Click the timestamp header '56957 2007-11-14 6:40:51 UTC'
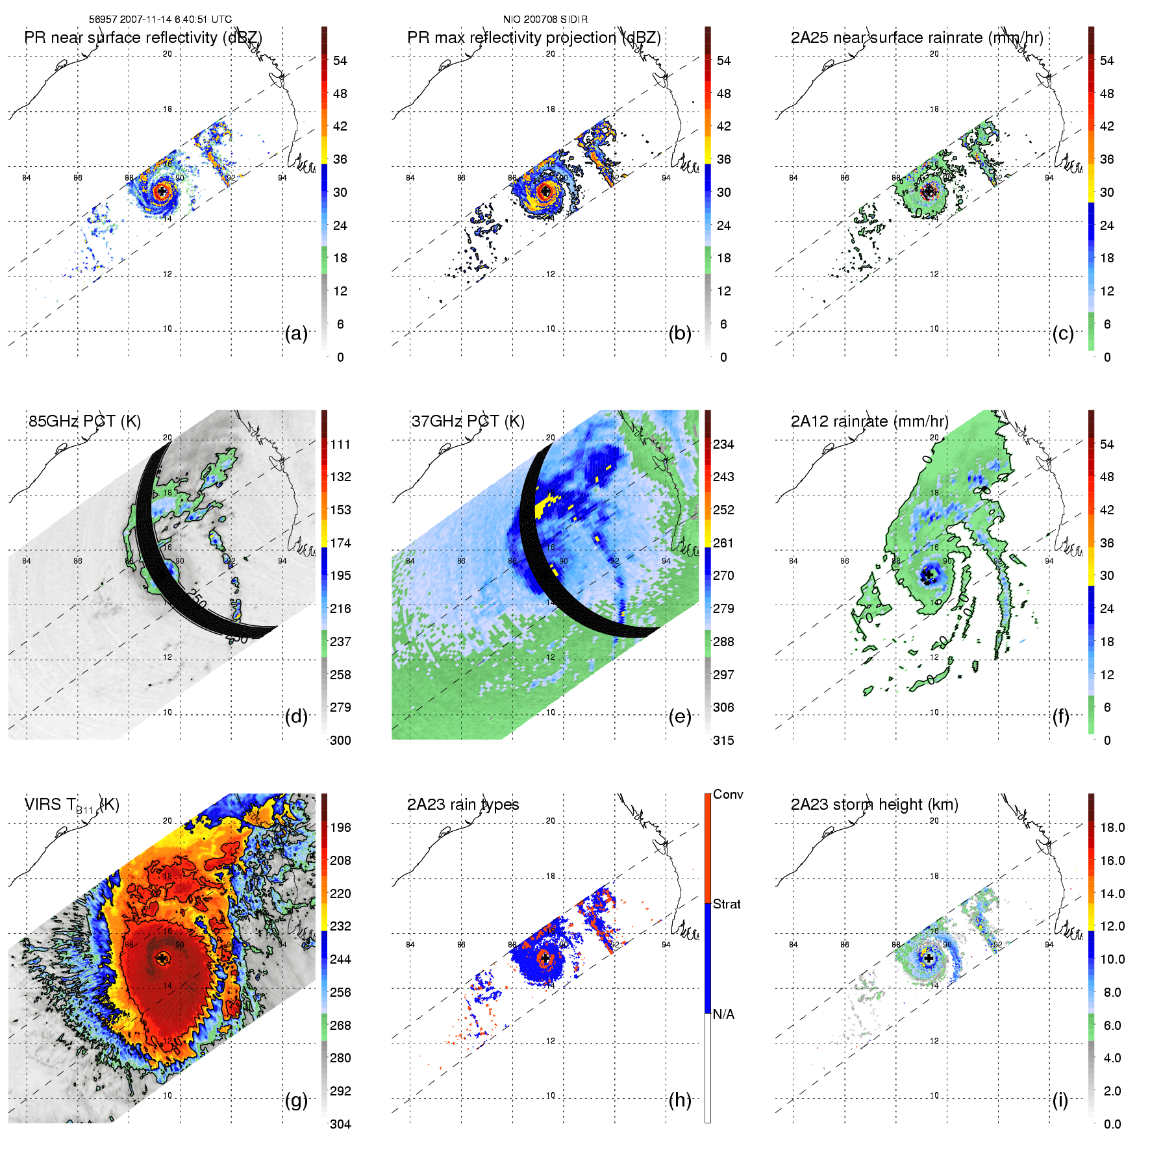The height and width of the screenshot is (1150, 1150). click(160, 19)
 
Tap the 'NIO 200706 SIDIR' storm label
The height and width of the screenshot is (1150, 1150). click(545, 19)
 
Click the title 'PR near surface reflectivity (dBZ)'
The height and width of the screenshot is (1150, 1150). click(143, 38)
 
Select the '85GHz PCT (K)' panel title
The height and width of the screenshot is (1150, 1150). click(84, 421)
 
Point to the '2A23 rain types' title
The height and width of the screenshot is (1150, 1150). click(463, 805)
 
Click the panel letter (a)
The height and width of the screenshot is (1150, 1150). click(296, 334)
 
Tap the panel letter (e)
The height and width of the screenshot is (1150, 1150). click(680, 717)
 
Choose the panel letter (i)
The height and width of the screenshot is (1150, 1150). click(1060, 1100)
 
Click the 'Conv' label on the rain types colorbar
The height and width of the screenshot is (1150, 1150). click(728, 794)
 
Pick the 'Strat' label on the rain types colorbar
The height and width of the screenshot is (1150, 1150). click(727, 904)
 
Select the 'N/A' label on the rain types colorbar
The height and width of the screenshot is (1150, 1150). click(724, 1014)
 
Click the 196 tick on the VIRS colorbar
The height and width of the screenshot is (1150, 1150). click(340, 827)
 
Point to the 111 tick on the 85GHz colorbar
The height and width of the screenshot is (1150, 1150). click(340, 444)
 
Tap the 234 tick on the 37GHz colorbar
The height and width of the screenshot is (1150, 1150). click(723, 444)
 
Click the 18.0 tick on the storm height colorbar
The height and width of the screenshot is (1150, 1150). click(1112, 827)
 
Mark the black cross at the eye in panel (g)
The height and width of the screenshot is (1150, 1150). click(162, 958)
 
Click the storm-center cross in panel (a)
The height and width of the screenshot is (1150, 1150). click(162, 192)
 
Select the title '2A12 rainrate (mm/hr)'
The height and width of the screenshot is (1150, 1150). click(869, 421)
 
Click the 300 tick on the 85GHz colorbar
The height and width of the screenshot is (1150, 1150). click(340, 740)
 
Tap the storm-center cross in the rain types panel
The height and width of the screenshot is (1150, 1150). click(545, 958)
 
